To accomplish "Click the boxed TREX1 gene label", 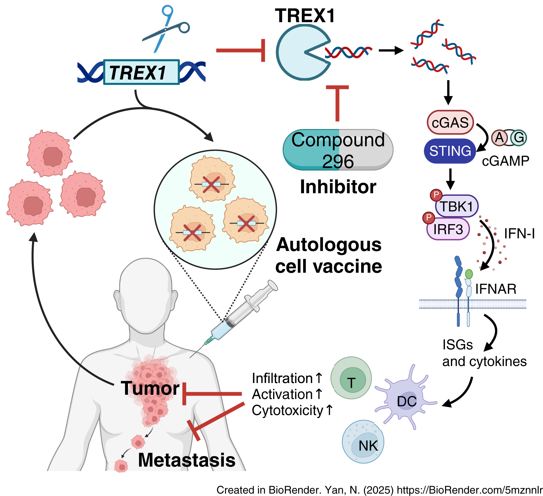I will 141,72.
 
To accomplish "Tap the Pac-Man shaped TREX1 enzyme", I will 297,53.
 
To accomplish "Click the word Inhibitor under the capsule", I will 338,187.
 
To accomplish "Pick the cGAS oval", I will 450,122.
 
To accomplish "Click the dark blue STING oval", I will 450,151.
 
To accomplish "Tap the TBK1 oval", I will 456,207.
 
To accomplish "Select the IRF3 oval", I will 448,229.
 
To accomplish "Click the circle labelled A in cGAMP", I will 499,138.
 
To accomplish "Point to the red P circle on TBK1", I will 436,195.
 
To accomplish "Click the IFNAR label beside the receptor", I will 496,289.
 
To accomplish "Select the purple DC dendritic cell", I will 406,400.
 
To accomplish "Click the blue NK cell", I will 363,442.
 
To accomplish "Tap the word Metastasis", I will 187,460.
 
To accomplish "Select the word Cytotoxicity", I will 288,410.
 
